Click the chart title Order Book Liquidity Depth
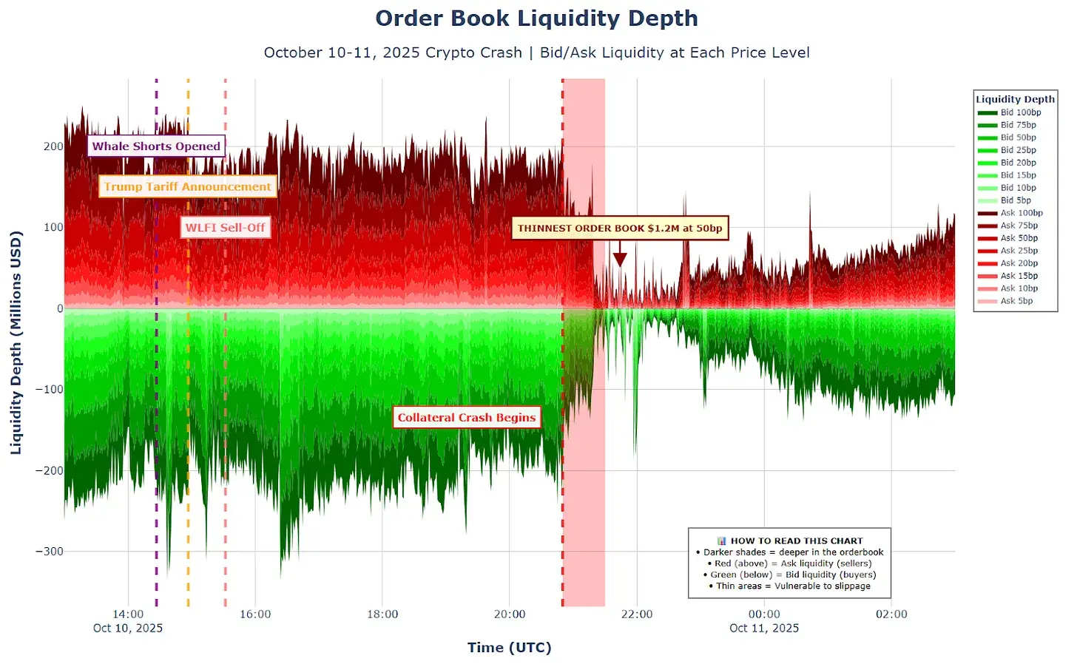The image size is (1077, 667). pyautogui.click(x=536, y=18)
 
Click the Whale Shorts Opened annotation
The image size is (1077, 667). pyautogui.click(x=156, y=146)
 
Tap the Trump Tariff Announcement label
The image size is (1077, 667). pyautogui.click(x=187, y=186)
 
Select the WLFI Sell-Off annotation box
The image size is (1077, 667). pyautogui.click(x=225, y=228)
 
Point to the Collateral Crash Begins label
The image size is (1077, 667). pyautogui.click(x=467, y=418)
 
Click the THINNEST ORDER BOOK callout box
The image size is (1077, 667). pyautogui.click(x=620, y=228)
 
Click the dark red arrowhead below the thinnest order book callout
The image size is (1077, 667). pyautogui.click(x=620, y=260)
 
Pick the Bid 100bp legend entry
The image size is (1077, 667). pyautogui.click(x=1020, y=112)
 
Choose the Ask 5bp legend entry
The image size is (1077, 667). pyautogui.click(x=1016, y=301)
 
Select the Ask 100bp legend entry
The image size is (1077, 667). pyautogui.click(x=1021, y=213)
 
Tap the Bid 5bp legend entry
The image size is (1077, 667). pyautogui.click(x=1016, y=200)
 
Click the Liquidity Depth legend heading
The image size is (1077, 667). pyautogui.click(x=1015, y=99)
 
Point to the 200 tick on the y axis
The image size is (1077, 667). pyautogui.click(x=53, y=146)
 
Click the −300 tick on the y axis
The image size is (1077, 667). pyautogui.click(x=50, y=552)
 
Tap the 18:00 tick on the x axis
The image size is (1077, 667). pyautogui.click(x=382, y=614)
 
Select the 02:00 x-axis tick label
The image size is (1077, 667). pyautogui.click(x=891, y=614)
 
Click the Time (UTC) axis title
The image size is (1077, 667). pyautogui.click(x=509, y=648)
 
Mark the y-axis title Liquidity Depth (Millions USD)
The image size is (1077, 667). pyautogui.click(x=16, y=342)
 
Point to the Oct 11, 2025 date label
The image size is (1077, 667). pyautogui.click(x=764, y=629)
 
